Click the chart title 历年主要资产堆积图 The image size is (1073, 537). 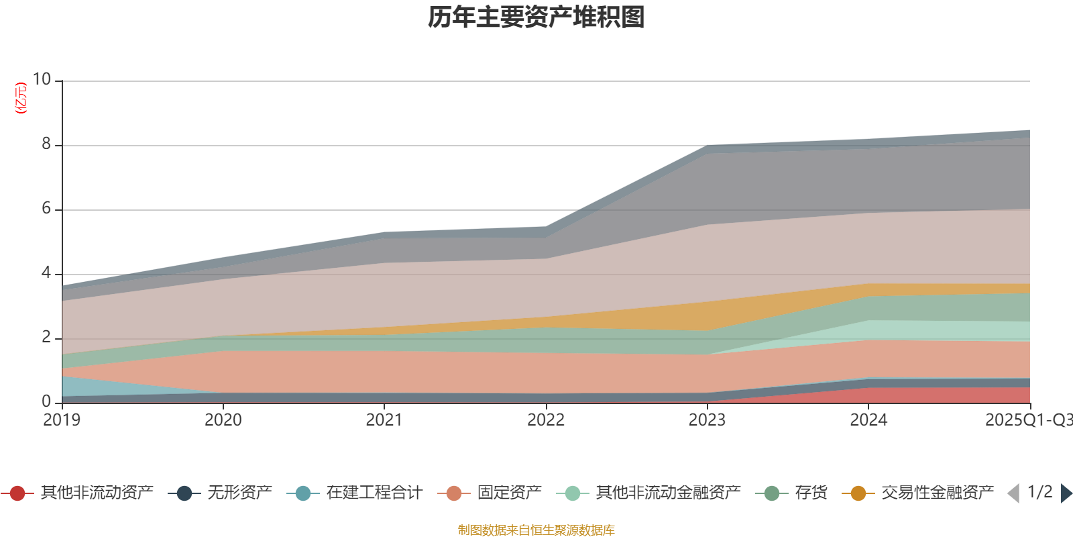click(536, 18)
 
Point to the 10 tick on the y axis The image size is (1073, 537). click(42, 79)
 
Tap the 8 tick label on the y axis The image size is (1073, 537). click(46, 144)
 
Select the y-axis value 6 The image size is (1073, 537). click(46, 208)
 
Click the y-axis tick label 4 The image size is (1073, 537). click(46, 273)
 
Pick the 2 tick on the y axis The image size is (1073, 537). click(46, 337)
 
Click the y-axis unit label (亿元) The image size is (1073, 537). click(21, 98)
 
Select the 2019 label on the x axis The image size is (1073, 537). click(62, 420)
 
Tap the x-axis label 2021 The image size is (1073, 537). click(384, 420)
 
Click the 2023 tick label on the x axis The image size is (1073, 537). click(707, 420)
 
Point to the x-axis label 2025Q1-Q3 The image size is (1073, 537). click(1027, 420)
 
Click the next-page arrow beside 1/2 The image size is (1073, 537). click(1066, 493)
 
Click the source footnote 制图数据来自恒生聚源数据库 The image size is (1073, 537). click(536, 530)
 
